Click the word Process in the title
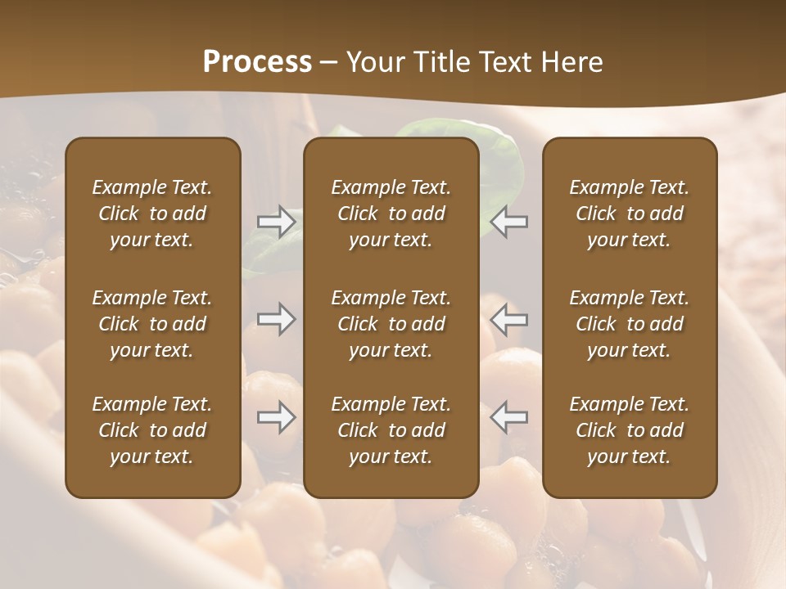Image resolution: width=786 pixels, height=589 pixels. tap(257, 62)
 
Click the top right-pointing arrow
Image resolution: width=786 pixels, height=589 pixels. tap(276, 222)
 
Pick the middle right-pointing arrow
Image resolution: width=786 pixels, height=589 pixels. tap(276, 319)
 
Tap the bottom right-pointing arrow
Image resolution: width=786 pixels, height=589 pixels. tap(276, 417)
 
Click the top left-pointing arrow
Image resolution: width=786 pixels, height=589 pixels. tap(509, 222)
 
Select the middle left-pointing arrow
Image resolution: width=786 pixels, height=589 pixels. tap(509, 319)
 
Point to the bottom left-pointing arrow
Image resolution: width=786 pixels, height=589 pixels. tap(509, 417)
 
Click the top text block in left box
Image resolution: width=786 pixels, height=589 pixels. tap(152, 214)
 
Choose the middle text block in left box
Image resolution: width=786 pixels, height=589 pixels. tap(152, 324)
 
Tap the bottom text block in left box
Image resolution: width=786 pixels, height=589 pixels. tap(152, 430)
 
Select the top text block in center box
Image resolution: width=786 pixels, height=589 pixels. tap(391, 214)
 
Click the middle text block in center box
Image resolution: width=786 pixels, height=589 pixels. tap(391, 324)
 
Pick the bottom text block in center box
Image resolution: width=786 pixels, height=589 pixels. tap(391, 430)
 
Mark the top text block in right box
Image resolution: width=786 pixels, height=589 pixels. tap(629, 214)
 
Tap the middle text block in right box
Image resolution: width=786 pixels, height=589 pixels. tap(629, 324)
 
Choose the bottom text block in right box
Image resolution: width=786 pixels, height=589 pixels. tap(629, 430)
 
